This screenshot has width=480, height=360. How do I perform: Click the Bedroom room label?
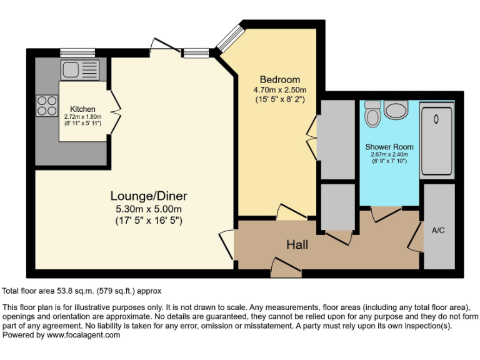279,79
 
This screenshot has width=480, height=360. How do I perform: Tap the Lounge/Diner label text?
149,196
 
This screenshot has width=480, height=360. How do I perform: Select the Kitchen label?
82,109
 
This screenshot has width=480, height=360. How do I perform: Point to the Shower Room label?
389,147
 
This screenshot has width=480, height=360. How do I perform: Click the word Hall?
297,244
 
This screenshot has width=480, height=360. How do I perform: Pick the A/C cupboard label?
438,230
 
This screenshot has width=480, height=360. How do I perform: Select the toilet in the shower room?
373,114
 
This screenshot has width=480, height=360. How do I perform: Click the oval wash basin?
396,111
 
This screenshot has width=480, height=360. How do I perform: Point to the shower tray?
436,138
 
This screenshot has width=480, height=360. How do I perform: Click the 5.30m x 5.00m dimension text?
149,209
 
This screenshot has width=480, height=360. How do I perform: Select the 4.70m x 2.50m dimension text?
279,90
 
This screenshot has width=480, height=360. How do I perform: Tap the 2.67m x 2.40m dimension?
389,155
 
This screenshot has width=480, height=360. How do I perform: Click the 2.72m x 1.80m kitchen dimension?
82,117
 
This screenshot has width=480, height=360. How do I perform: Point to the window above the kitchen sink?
77,52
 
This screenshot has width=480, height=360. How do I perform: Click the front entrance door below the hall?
286,270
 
